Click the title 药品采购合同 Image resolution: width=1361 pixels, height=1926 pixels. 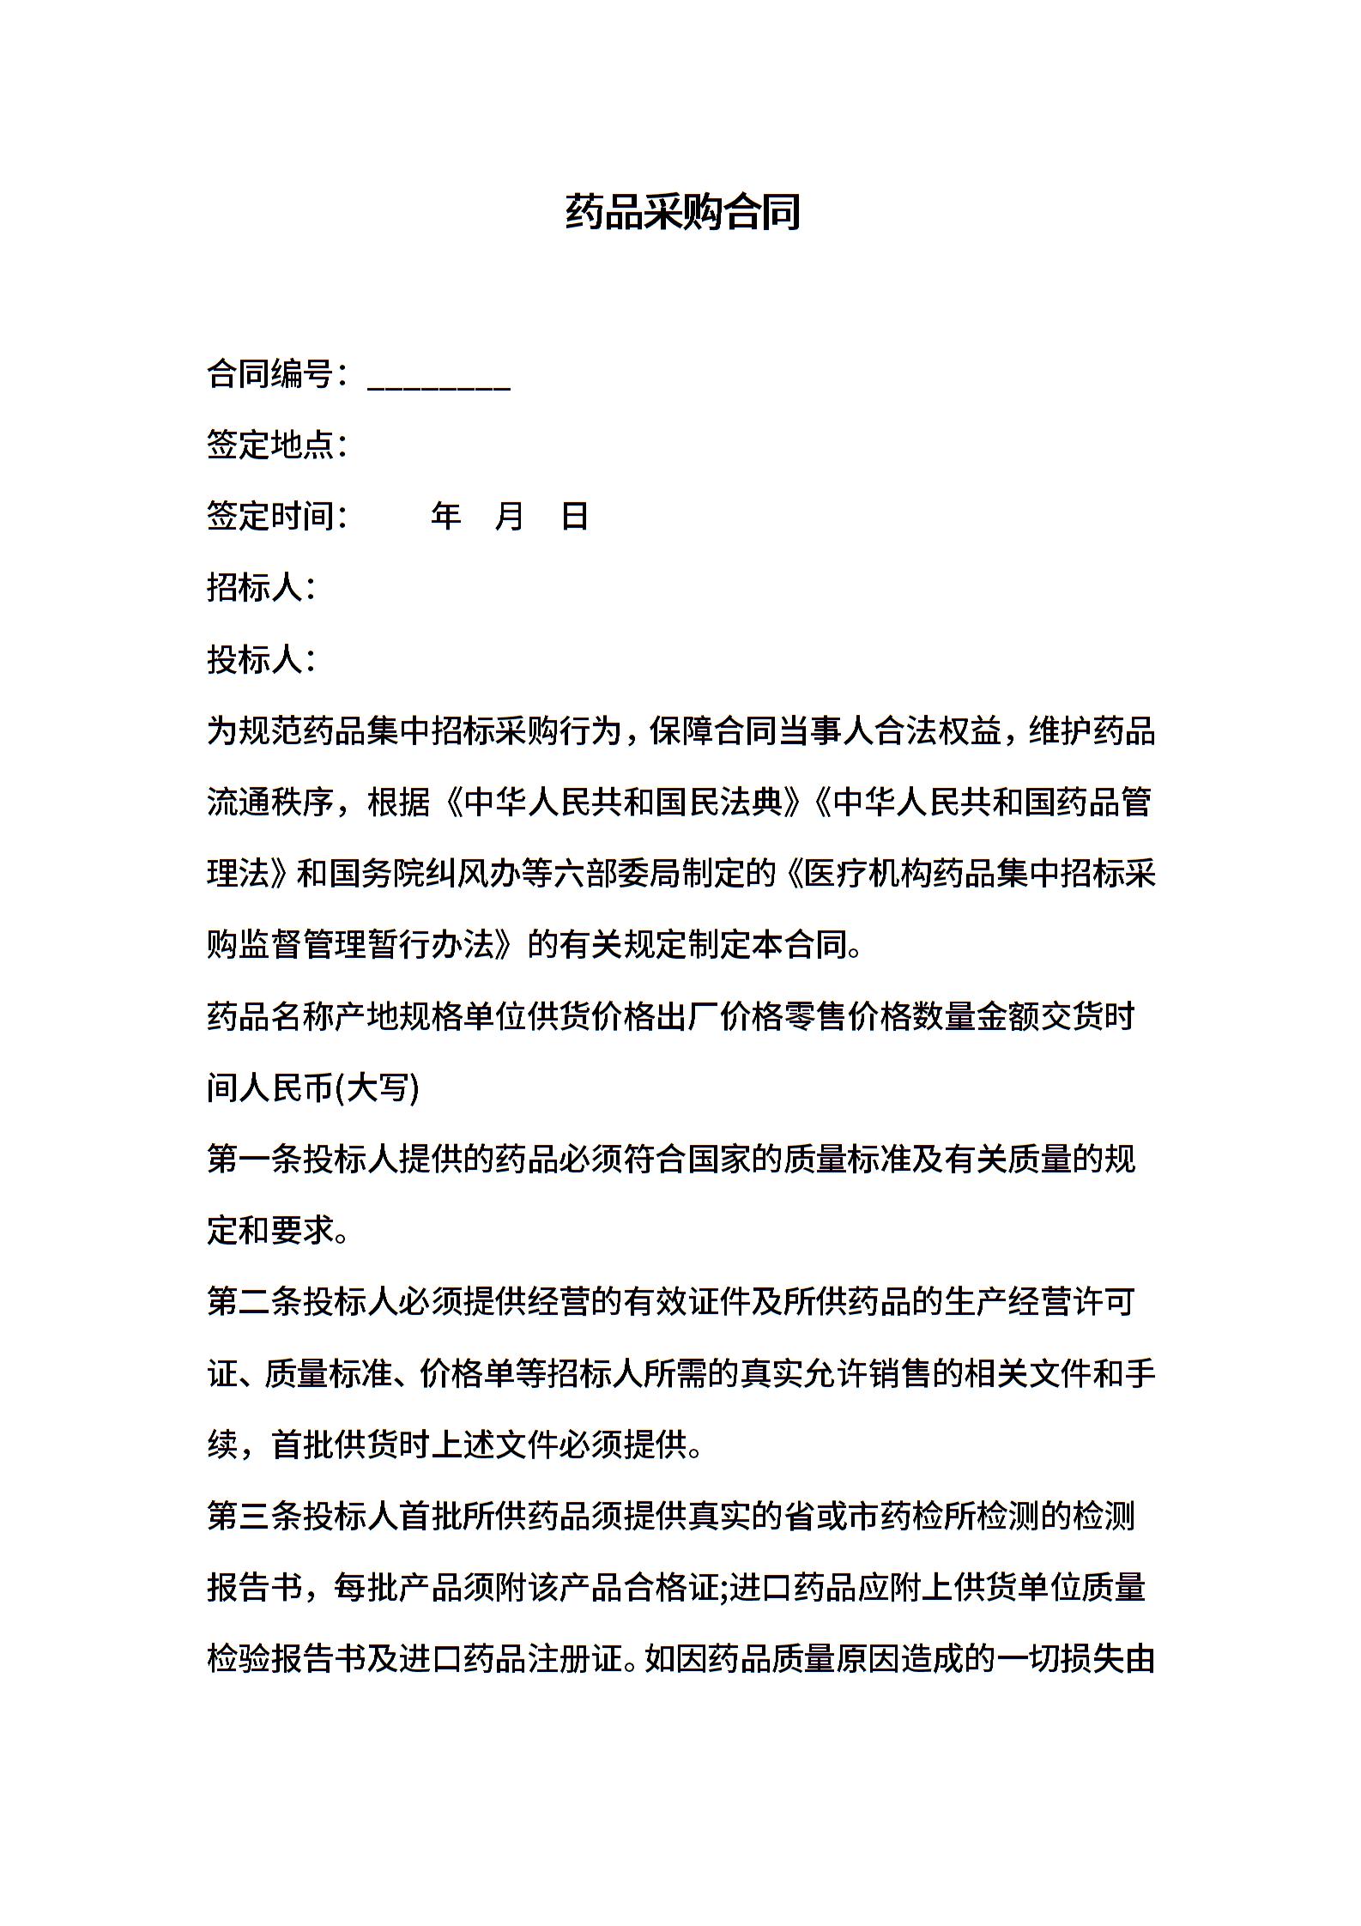pos(682,212)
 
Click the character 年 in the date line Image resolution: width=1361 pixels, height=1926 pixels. pos(446,516)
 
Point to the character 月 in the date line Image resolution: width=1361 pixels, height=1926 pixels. pos(510,516)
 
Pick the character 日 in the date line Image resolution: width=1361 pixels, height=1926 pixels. pos(574,516)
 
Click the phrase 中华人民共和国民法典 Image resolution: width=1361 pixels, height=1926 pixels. pos(623,802)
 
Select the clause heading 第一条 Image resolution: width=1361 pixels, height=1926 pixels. pos(255,1160)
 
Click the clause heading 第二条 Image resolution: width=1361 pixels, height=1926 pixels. pos(255,1302)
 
